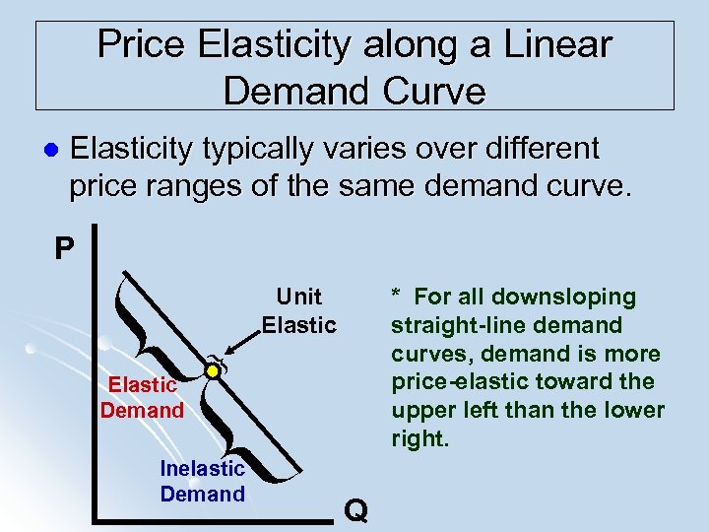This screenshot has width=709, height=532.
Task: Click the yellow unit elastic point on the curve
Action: pyautogui.click(x=212, y=371)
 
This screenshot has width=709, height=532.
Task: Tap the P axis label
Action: pyautogui.click(x=64, y=247)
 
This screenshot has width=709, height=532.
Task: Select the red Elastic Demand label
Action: pyautogui.click(x=142, y=397)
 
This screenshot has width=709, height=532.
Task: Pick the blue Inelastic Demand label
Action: pyautogui.click(x=202, y=482)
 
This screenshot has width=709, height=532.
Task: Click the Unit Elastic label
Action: pyautogui.click(x=298, y=310)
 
